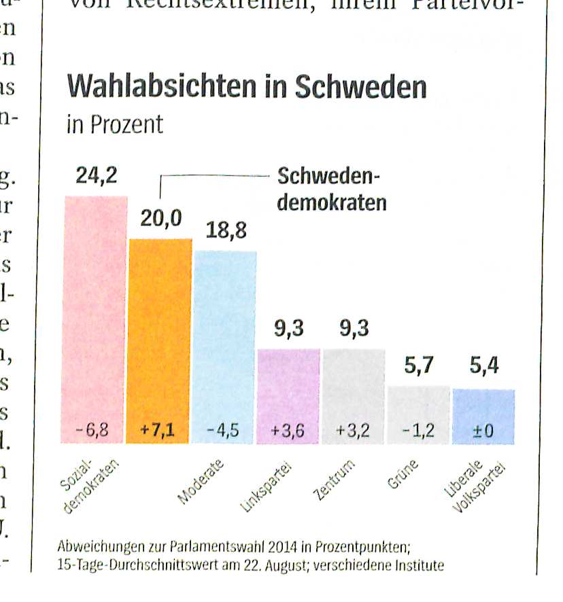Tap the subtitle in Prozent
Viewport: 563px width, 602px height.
pyautogui.click(x=115, y=125)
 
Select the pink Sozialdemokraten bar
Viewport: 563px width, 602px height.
pyautogui.click(x=96, y=306)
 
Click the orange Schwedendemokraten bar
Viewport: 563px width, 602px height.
pyautogui.click(x=160, y=326)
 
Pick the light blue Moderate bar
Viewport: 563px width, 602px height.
pyautogui.click(x=225, y=333)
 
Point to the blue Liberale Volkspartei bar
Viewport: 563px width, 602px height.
pyautogui.click(x=483, y=408)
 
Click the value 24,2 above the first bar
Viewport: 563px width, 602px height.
pyautogui.click(x=96, y=176)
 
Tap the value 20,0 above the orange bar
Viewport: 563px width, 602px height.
pyautogui.click(x=161, y=219)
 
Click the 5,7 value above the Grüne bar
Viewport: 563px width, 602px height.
pyautogui.click(x=419, y=367)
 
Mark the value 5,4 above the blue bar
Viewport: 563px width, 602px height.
pyautogui.click(x=484, y=367)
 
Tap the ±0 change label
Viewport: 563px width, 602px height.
pyautogui.click(x=483, y=430)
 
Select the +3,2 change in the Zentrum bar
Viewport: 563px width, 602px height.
pyautogui.click(x=354, y=430)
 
